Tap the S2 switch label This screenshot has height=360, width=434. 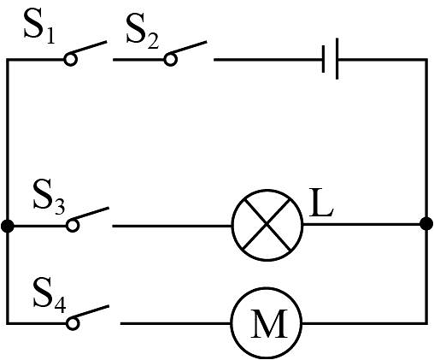pyautogui.click(x=142, y=32)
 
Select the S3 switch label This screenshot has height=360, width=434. pyautogui.click(x=49, y=197)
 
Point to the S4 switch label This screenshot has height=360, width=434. pyautogui.click(x=50, y=295)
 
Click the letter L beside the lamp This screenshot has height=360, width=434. pyautogui.click(x=321, y=202)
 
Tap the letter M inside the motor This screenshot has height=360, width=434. pyautogui.click(x=268, y=323)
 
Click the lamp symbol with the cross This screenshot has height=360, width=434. pyautogui.click(x=267, y=225)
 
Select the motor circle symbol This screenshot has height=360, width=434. pyautogui.click(x=267, y=323)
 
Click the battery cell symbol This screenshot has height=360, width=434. pyautogui.click(x=331, y=59)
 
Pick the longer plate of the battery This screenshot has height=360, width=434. pyautogui.click(x=337, y=59)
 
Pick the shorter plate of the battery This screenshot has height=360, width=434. pyautogui.click(x=324, y=59)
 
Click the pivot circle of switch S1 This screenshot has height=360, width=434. pyautogui.click(x=70, y=59)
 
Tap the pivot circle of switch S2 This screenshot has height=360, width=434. pyautogui.click(x=170, y=59)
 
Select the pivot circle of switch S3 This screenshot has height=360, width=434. pyautogui.click(x=73, y=226)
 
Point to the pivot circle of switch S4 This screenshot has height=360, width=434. pyautogui.click(x=73, y=323)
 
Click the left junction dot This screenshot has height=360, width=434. pyautogui.click(x=8, y=226)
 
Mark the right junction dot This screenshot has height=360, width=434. pyautogui.click(x=426, y=223)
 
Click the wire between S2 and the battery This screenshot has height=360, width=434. pyautogui.click(x=267, y=60)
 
